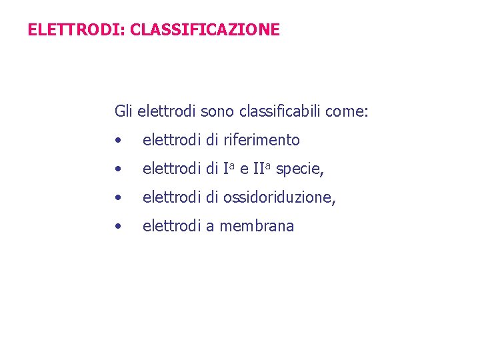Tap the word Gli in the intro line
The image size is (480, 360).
click(124, 111)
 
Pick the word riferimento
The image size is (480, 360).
click(262, 140)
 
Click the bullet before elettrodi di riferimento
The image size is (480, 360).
click(117, 141)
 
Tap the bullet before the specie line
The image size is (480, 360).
click(117, 169)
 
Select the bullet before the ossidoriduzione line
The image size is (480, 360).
click(117, 198)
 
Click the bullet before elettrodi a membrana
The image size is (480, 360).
click(117, 227)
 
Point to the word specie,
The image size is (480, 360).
click(299, 169)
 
